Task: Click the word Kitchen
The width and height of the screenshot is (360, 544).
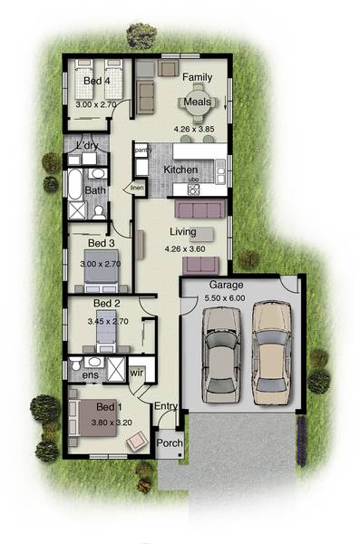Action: coord(180,170)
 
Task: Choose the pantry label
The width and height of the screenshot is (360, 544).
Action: coord(143,151)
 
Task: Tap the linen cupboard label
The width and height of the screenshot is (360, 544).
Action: coord(138,188)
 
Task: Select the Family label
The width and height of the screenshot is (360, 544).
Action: coord(197,78)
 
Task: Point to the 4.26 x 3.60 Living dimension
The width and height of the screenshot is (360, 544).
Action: coord(185,248)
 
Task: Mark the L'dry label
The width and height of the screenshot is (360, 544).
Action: coord(87,145)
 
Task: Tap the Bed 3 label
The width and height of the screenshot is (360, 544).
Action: coord(99,243)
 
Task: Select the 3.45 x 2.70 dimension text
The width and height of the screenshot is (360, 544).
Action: coord(106,320)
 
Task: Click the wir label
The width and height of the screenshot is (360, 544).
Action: coord(139,371)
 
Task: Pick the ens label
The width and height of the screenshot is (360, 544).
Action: coord(92,374)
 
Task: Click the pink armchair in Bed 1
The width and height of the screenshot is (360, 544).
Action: coord(137,441)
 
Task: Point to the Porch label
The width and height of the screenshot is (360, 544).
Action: coord(170,443)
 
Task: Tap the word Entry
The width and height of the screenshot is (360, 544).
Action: coord(165,406)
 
